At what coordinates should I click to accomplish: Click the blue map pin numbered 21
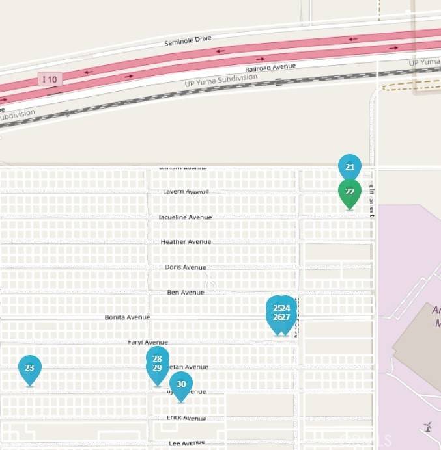tap(350, 167)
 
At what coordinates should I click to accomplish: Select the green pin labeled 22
tap(350, 192)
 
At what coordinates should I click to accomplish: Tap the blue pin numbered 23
tap(29, 368)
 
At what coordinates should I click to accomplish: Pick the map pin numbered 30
tap(181, 384)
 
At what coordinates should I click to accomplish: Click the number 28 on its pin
tap(157, 359)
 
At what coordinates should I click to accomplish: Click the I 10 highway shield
tap(50, 79)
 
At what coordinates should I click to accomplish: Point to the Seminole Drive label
tap(188, 40)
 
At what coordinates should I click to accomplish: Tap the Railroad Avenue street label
tap(270, 68)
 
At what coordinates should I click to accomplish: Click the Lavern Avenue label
tap(186, 192)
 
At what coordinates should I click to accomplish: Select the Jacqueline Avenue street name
tap(186, 217)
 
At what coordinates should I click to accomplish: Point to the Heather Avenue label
tap(186, 241)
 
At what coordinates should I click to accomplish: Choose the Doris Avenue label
tap(186, 267)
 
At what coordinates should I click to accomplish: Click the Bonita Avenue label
tap(127, 317)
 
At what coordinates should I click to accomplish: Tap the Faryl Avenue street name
tap(148, 342)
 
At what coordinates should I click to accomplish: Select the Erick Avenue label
tap(186, 418)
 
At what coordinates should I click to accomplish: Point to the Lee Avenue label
tap(186, 443)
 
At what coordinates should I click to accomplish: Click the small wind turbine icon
tap(427, 427)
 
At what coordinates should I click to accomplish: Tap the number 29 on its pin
tap(157, 368)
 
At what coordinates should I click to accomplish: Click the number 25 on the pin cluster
tap(277, 308)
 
